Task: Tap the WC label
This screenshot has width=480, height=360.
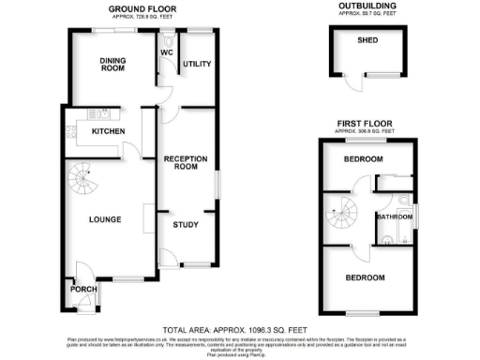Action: click(x=167, y=53)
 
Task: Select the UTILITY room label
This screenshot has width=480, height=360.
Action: click(x=196, y=64)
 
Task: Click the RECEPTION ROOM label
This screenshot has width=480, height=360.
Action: click(x=186, y=162)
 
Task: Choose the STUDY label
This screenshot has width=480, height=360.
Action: click(x=186, y=224)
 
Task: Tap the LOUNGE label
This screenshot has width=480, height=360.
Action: click(x=105, y=219)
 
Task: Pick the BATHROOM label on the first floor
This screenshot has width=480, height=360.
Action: click(x=395, y=217)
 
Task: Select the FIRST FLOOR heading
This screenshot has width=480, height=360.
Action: click(x=366, y=123)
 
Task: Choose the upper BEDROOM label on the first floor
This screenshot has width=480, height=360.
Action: click(x=364, y=159)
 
